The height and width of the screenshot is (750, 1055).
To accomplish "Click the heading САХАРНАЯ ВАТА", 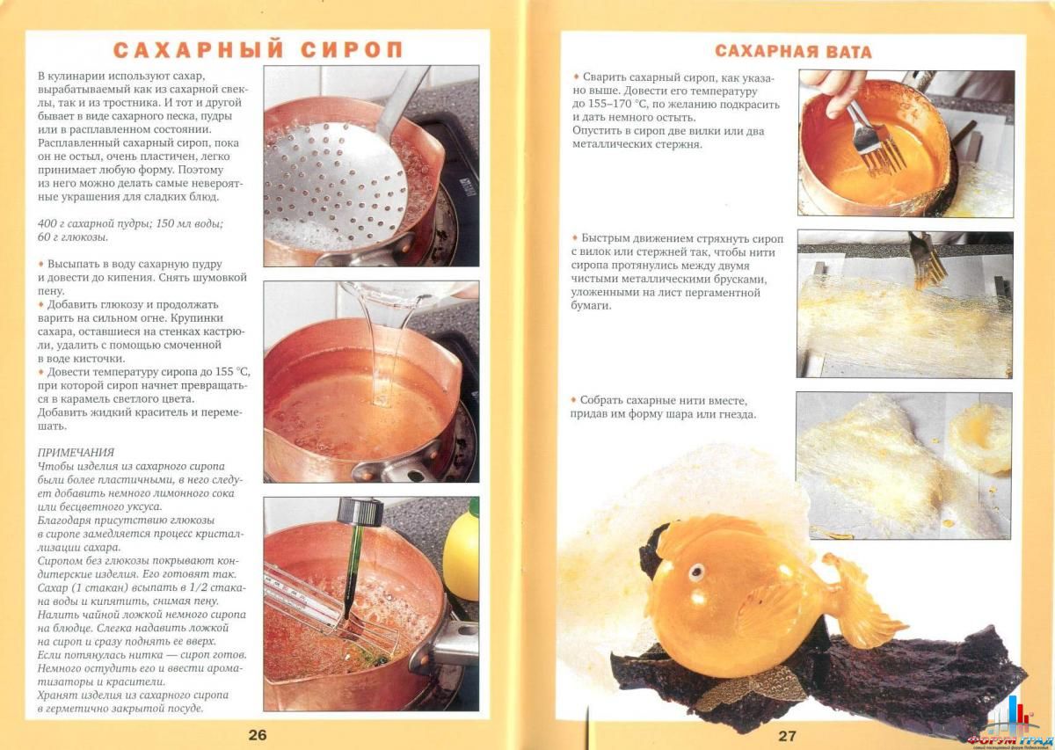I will pyautogui.click(x=793, y=51).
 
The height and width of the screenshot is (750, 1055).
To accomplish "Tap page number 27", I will pyautogui.click(x=786, y=735).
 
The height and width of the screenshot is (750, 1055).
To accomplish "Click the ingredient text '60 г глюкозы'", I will pyautogui.click(x=75, y=237).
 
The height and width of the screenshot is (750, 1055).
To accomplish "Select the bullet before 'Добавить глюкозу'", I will pyautogui.click(x=40, y=303).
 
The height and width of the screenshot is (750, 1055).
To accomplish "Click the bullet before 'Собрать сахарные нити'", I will pyautogui.click(x=573, y=400).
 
